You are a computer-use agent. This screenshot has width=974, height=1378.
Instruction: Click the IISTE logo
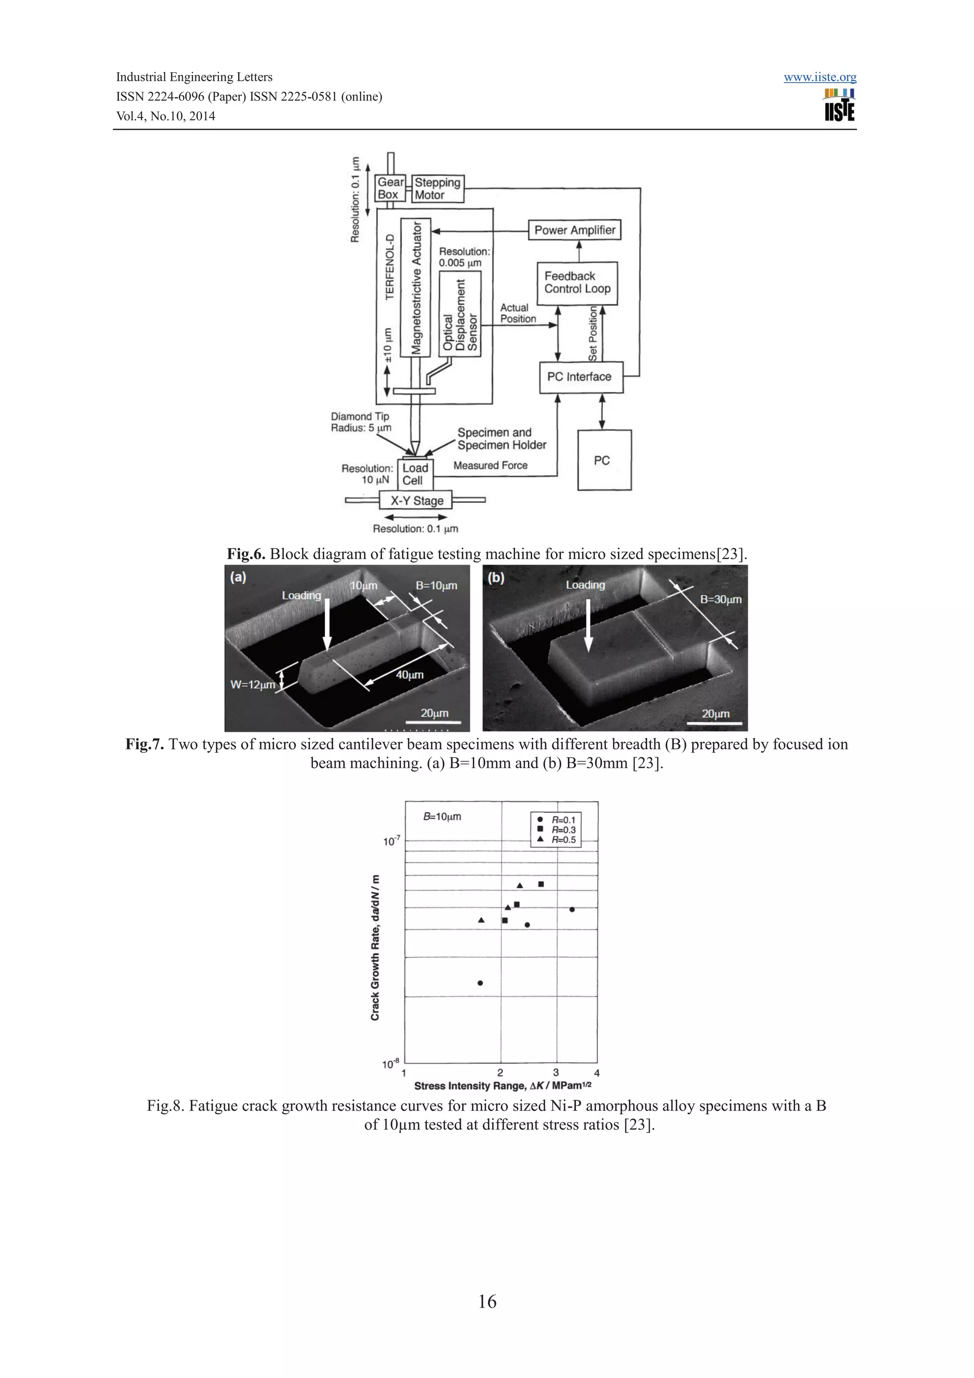point(839,106)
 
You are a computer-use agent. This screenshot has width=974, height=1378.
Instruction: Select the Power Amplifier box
point(575,230)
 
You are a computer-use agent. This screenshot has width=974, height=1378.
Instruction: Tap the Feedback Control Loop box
point(577,282)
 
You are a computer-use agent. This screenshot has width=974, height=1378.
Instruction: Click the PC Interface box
point(580,377)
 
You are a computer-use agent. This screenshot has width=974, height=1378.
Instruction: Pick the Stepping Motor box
point(438,188)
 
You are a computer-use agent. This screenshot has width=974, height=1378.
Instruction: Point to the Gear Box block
point(390,188)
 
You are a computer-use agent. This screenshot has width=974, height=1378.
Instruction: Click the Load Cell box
point(415,474)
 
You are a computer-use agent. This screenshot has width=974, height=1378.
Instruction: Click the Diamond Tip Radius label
point(360,422)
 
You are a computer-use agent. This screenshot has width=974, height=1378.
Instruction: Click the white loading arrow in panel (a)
point(327,624)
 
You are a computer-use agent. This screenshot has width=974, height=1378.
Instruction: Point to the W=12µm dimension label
point(253,684)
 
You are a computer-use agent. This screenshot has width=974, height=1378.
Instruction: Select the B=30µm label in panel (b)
point(720,600)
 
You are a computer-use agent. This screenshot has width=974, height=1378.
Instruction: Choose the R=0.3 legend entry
point(563,830)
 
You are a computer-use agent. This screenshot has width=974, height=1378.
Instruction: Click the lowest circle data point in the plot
point(480,983)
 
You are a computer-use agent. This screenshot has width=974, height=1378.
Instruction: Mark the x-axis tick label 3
point(555,1073)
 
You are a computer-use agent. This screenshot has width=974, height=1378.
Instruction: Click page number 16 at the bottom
point(487,1301)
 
